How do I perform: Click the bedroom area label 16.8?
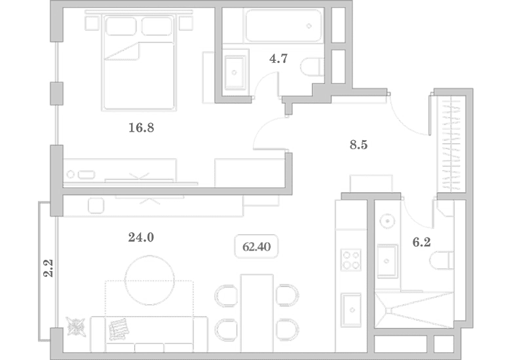141,128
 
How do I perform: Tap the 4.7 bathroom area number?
278,59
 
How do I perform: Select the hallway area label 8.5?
358,145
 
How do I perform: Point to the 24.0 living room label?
141,238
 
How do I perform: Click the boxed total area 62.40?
256,246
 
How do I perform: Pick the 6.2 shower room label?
421,242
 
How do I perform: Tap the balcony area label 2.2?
48,268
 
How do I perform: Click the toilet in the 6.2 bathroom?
442,261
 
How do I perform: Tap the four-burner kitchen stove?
350,260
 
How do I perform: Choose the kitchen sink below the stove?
351,310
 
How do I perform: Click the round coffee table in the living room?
149,280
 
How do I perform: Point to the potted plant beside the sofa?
76,327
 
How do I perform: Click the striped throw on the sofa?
119,329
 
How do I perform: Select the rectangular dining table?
257,313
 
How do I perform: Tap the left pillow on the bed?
121,26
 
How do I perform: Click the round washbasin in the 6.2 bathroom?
387,221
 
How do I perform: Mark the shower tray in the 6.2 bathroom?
414,310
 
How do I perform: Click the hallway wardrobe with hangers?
451,144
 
